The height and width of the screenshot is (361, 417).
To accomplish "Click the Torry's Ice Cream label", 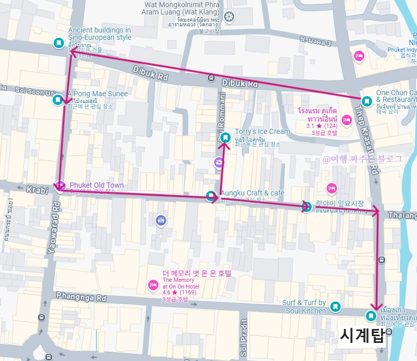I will [x=262, y=131].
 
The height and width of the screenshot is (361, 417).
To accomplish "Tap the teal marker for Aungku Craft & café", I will [x=211, y=197].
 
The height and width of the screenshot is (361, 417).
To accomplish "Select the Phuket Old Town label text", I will [x=97, y=185].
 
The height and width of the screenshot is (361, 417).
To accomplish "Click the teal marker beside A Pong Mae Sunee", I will [x=58, y=100].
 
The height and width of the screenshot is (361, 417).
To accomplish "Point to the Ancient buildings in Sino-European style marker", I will [x=59, y=43].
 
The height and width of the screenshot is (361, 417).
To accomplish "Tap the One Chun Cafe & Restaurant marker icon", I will [x=366, y=101].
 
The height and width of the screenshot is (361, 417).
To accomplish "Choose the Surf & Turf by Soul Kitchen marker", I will [x=335, y=307].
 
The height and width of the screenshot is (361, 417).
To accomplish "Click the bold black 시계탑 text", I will [x=362, y=336].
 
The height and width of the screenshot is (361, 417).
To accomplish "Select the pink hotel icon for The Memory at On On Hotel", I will [x=153, y=284].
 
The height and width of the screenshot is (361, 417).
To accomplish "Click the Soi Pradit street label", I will [x=244, y=336].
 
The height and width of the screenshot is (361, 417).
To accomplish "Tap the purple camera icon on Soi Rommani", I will [x=219, y=163].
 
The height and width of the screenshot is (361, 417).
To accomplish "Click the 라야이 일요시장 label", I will [x=340, y=203].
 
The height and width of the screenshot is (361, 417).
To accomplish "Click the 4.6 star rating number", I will [x=167, y=293].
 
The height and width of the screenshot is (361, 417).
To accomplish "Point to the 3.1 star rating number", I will [x=311, y=125].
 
